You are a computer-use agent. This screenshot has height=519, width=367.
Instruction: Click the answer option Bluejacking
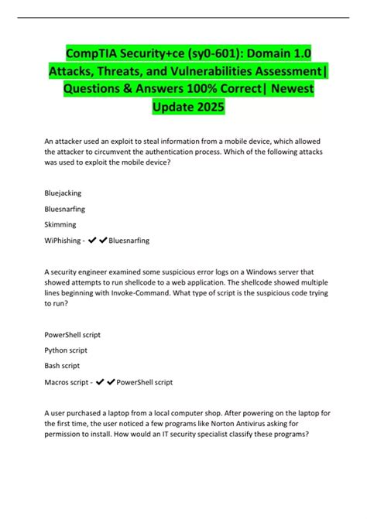click(x=63, y=192)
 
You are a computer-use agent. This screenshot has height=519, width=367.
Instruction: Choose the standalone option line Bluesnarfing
click(x=65, y=208)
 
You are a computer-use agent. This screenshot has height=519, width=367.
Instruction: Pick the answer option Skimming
click(x=60, y=224)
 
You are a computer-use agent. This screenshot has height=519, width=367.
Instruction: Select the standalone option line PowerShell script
click(x=73, y=334)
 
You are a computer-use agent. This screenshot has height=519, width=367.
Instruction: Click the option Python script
click(x=65, y=350)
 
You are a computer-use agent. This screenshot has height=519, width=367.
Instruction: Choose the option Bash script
click(x=62, y=366)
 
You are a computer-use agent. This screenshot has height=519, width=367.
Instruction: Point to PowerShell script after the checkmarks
click(x=144, y=382)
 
